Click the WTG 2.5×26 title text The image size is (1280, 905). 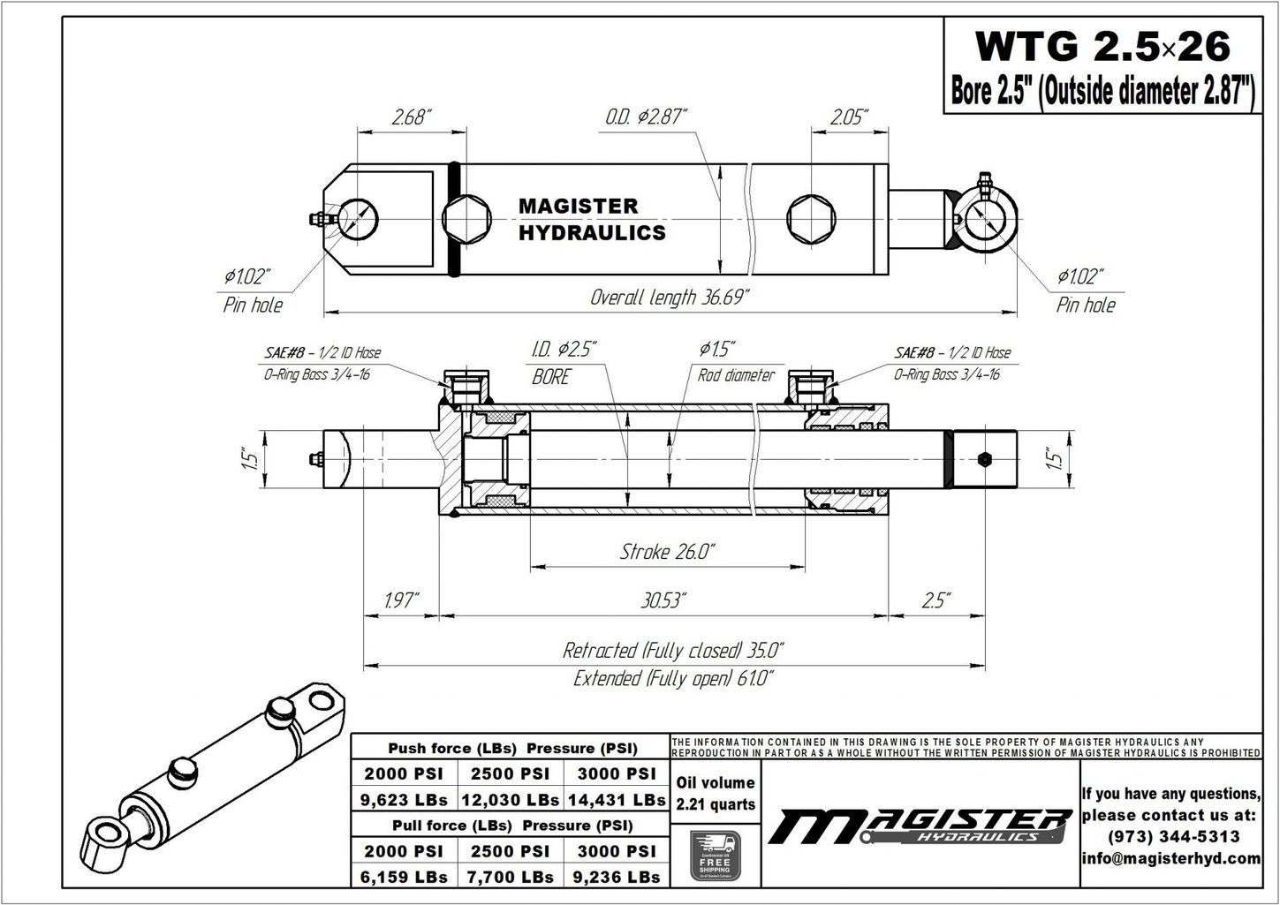(1101, 46)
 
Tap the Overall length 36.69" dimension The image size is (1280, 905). (670, 298)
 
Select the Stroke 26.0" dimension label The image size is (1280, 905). (667, 552)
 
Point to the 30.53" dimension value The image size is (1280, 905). (664, 601)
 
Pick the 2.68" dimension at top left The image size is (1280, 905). (412, 117)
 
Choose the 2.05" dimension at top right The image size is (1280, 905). (848, 117)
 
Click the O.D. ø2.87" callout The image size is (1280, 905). (647, 117)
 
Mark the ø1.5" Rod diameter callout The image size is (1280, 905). (735, 362)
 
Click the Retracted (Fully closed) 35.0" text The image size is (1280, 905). (673, 652)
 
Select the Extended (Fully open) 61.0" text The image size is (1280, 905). (673, 679)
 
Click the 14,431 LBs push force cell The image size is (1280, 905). (617, 800)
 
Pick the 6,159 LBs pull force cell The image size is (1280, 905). (404, 877)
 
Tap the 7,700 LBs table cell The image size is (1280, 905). (510, 877)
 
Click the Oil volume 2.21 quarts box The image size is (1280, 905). (715, 793)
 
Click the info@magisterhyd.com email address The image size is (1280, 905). (1170, 858)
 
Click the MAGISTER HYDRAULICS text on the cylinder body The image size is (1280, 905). (591, 219)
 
